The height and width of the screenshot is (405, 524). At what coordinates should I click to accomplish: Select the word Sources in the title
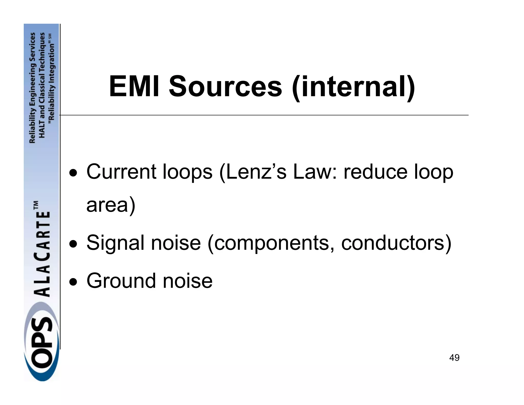pos(225,87)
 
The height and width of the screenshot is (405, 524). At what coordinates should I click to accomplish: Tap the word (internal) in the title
pos(353,87)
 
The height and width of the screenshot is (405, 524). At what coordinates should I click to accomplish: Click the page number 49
pos(454,358)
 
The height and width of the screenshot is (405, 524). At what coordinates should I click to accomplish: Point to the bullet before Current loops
pos(74,173)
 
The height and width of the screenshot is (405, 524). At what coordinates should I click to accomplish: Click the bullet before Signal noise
pos(74,244)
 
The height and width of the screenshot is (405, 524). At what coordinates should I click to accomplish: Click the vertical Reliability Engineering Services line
pos(32,88)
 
